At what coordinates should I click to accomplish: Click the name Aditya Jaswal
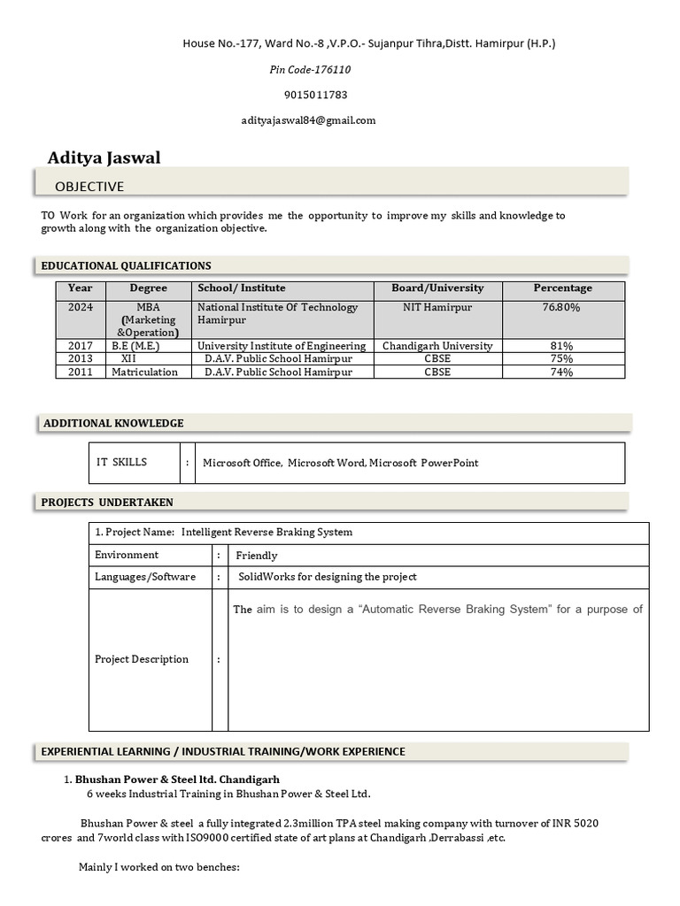click(x=104, y=157)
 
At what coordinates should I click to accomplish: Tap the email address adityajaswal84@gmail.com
click(x=308, y=120)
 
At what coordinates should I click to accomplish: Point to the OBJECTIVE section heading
click(x=89, y=187)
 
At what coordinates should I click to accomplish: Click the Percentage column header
click(x=562, y=288)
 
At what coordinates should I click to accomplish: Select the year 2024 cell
click(x=80, y=307)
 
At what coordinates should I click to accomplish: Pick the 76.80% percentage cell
click(x=561, y=307)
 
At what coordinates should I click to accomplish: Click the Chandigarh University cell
click(x=437, y=346)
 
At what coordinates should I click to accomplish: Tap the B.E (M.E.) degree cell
click(x=135, y=346)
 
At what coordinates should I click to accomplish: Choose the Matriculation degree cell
click(x=144, y=372)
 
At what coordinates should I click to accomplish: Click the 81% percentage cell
click(x=561, y=346)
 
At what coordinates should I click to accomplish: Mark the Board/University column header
click(x=437, y=288)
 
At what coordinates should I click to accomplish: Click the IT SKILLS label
click(x=121, y=462)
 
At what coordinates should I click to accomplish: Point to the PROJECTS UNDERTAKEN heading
click(x=107, y=503)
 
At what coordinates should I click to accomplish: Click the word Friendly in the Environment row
click(x=256, y=556)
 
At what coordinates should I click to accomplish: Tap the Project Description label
click(x=142, y=659)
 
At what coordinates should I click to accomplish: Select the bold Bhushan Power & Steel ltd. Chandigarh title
click(x=177, y=779)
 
